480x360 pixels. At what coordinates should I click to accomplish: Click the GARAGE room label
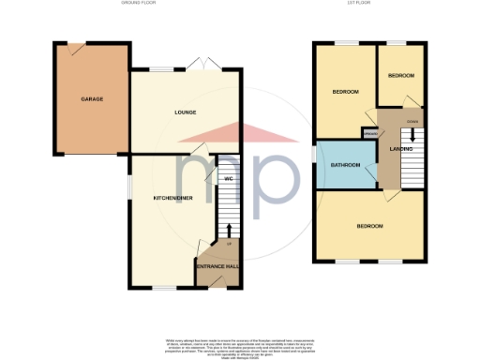pyautogui.click(x=92, y=98)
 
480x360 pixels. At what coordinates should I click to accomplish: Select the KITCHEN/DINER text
pyautogui.click(x=173, y=199)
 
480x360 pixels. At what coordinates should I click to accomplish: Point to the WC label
pyautogui.click(x=228, y=178)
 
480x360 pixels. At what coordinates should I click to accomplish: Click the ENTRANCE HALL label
pyautogui.click(x=217, y=268)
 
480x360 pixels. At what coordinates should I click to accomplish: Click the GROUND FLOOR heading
pyautogui.click(x=139, y=5)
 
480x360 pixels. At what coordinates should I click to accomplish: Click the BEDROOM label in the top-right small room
pyautogui.click(x=401, y=75)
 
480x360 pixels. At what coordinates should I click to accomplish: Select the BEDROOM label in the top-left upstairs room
pyautogui.click(x=345, y=92)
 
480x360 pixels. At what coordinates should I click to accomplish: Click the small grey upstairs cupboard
pyautogui.click(x=369, y=135)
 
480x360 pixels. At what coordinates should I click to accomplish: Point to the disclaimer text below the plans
pyautogui.click(x=239, y=342)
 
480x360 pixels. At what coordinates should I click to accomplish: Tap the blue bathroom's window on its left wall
pyautogui.click(x=315, y=153)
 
